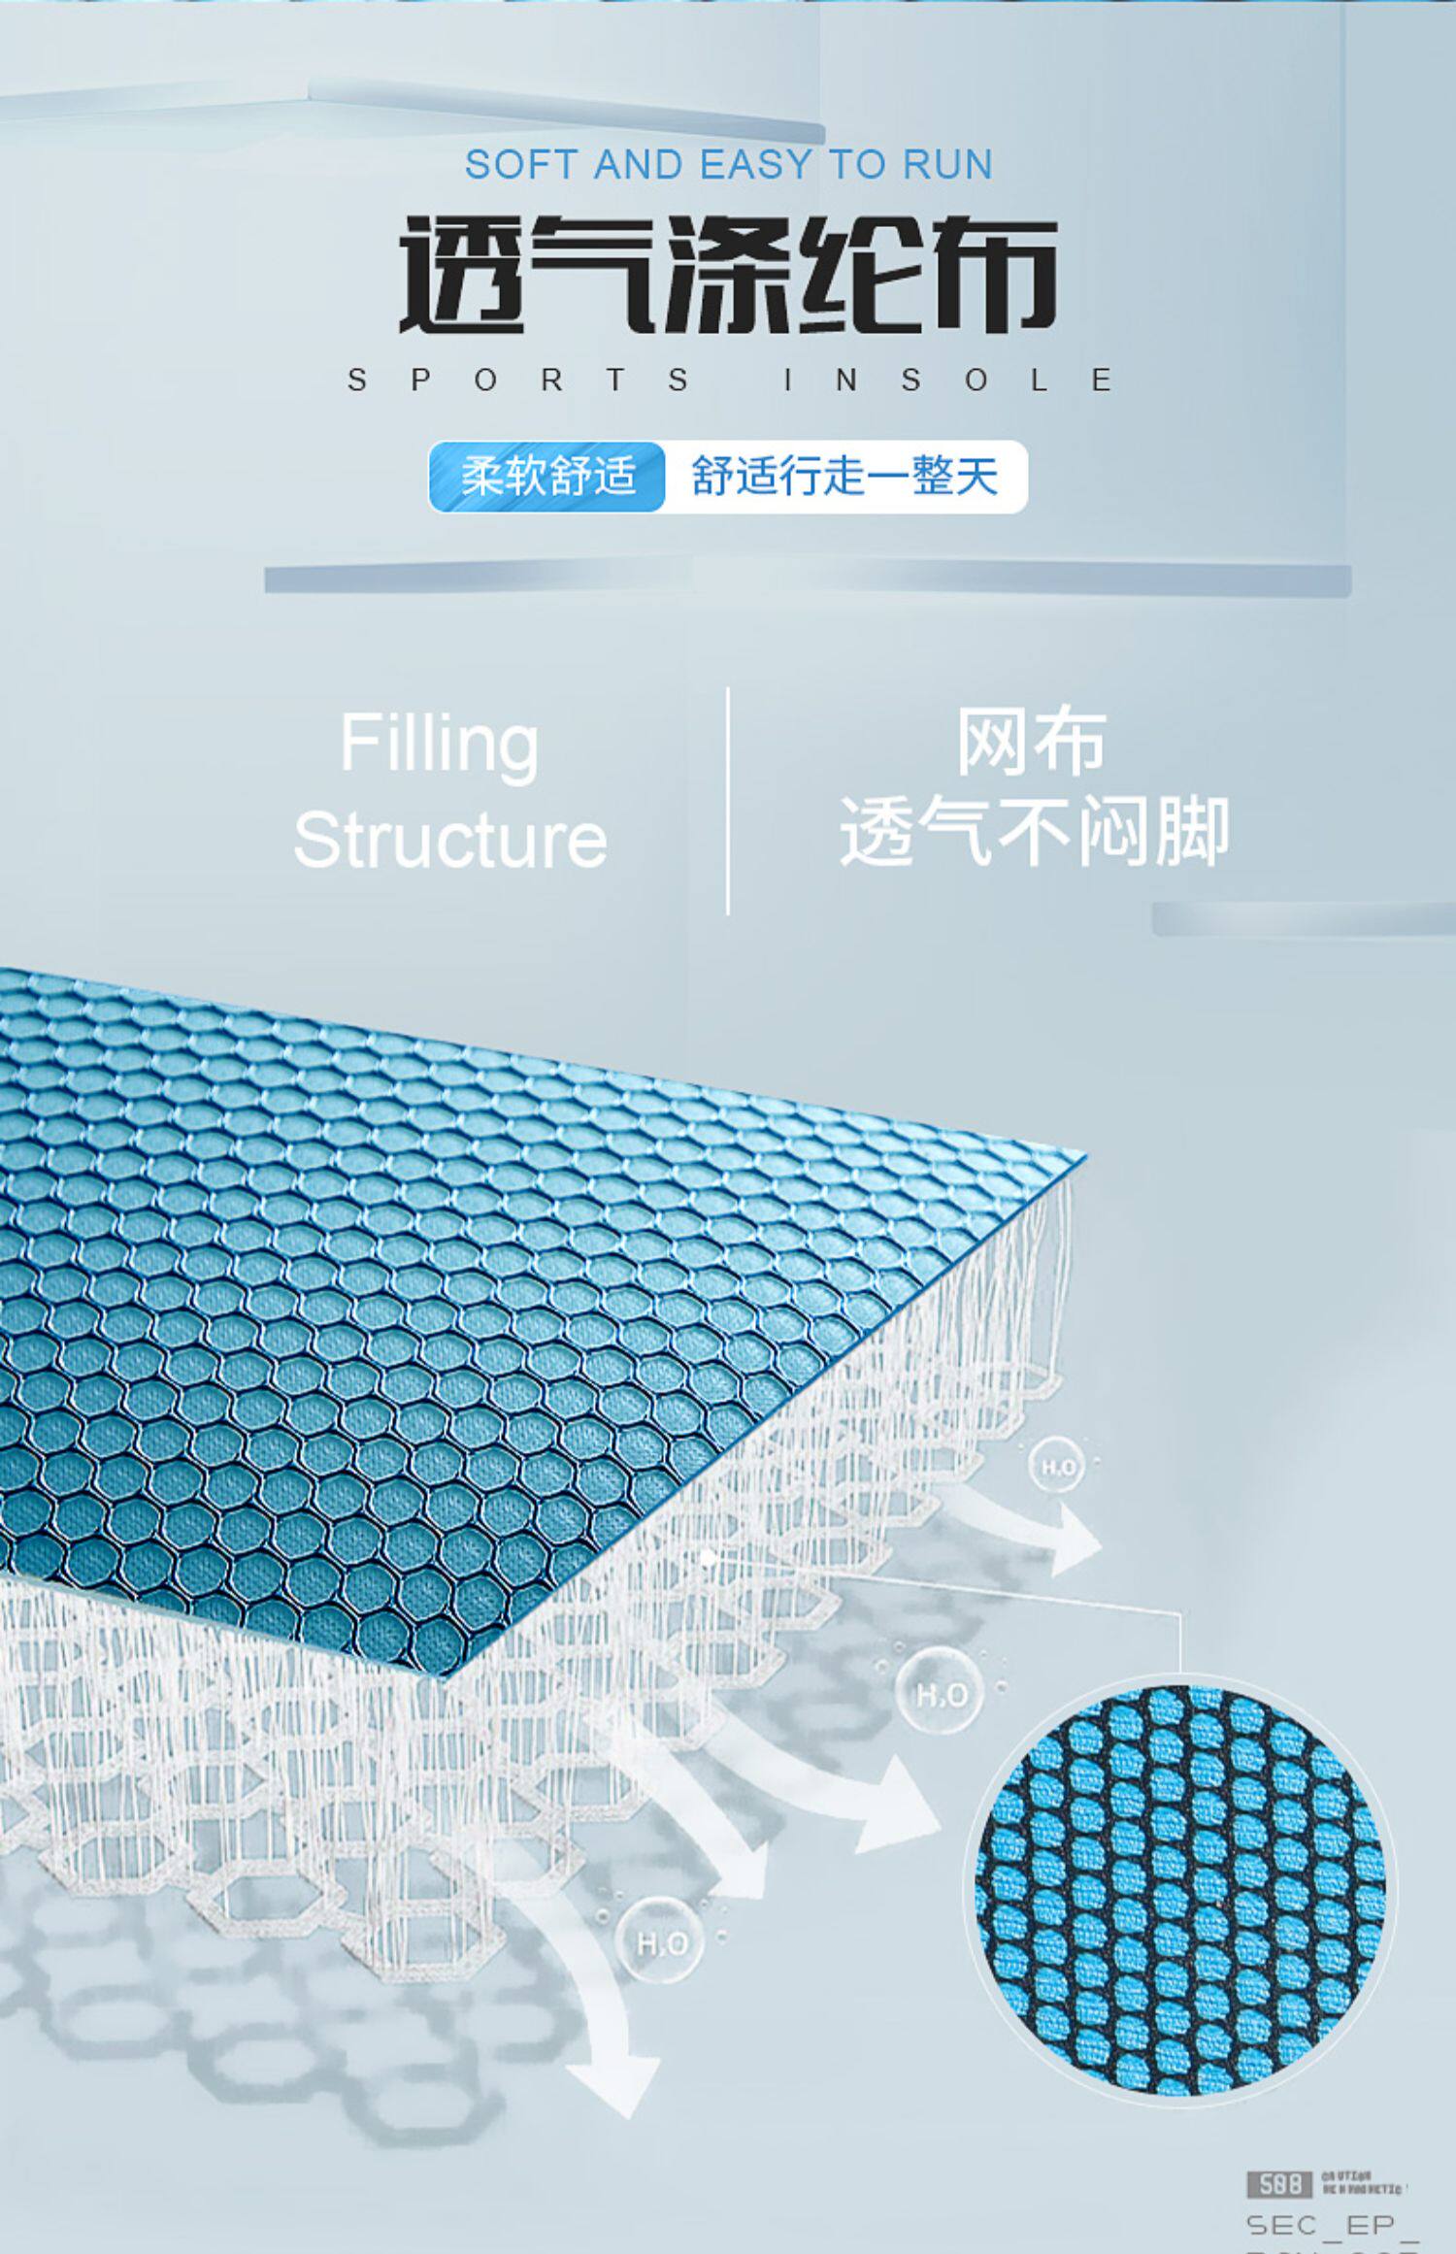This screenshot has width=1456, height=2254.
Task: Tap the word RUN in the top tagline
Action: coord(947,165)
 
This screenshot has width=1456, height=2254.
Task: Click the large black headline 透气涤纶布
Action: coord(728,275)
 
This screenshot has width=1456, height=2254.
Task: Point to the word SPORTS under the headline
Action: coord(519,380)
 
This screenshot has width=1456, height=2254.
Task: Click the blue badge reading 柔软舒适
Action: coord(548,477)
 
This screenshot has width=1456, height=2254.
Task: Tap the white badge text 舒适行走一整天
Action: coord(844,477)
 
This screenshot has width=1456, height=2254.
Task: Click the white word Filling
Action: coord(439,744)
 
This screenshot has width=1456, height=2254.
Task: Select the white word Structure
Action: coord(450,840)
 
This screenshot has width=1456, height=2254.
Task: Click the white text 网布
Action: coord(1031,743)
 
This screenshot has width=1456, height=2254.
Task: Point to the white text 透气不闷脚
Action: coord(1035,831)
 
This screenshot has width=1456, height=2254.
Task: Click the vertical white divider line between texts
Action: coord(728,801)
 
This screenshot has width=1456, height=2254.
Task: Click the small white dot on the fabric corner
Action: coord(709,1556)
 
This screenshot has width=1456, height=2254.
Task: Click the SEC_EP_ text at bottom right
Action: coord(1332,2224)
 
